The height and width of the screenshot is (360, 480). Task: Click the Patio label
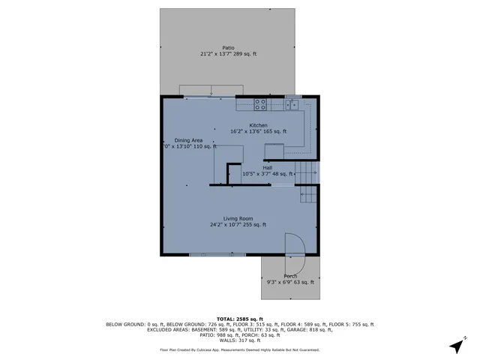coord(228,48)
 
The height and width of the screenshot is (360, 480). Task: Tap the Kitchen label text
coord(259,125)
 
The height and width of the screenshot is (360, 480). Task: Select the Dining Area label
coord(188,140)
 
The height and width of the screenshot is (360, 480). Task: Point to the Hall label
coord(267,168)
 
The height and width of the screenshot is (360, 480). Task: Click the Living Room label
coord(238,218)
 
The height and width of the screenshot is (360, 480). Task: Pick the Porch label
coord(290,276)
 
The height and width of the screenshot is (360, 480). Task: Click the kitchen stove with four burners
coord(259,103)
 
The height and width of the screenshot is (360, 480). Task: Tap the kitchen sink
coord(292,104)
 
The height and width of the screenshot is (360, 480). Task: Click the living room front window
coord(217,255)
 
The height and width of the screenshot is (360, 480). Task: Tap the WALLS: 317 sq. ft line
coord(239,340)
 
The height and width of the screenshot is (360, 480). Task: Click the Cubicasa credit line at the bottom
coord(239,349)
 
